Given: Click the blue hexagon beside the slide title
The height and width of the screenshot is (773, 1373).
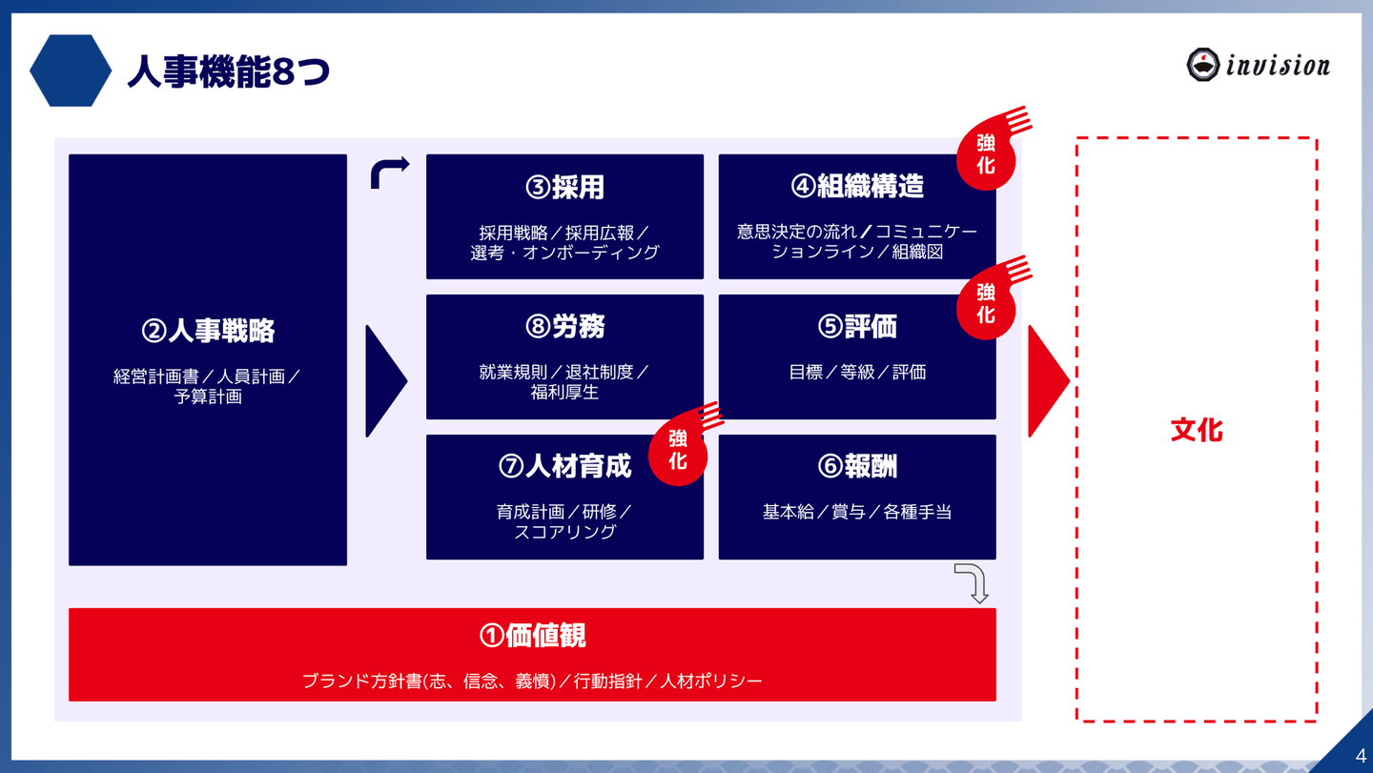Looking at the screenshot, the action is pos(71,71).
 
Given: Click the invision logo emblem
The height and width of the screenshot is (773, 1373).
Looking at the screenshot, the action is pos(1202,64).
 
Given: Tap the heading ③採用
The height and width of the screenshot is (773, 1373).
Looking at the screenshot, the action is pos(564,187).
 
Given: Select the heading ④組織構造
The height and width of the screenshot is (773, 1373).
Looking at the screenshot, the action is pos(857,186).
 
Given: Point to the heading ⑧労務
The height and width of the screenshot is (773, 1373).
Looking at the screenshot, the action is pos(564,326).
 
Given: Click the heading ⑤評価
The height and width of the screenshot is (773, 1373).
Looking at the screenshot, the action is pos(857,326).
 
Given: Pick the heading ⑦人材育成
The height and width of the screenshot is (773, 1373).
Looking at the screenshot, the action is pos(564,466).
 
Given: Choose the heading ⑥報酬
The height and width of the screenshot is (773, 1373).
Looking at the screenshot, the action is pos(857,466).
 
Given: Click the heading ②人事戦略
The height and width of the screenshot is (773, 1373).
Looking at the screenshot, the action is pos(208,331).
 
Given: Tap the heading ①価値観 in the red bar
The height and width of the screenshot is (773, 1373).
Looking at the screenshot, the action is pos(532,636).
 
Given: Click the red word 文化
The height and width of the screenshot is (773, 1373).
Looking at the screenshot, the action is pos(1197,430).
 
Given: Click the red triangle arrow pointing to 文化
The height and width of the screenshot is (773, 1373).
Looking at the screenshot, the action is pos(1048,381).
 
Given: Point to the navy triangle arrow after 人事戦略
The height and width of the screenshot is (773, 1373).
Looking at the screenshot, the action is pos(385,381).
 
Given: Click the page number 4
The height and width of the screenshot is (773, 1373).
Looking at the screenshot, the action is pos(1361,756).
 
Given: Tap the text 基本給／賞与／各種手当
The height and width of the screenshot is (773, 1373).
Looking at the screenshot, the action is pos(857,512).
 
